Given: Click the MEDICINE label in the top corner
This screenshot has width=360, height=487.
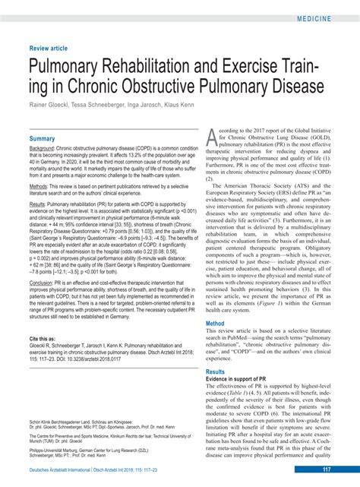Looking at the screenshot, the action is tap(329, 16).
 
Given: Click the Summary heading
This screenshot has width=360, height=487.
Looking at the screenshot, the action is tap(42, 139).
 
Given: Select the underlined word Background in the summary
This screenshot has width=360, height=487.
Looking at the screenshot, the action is tap(42, 149).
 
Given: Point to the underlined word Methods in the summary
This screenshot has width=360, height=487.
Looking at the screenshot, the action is tap(39, 186).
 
